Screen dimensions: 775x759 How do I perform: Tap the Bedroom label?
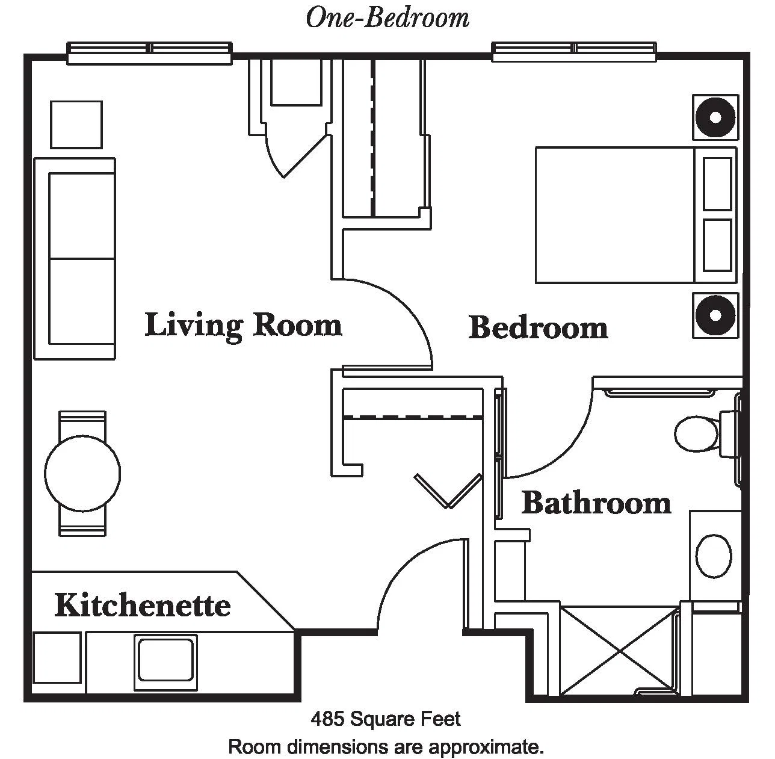tap(538, 328)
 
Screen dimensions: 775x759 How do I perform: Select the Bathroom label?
tap(596, 503)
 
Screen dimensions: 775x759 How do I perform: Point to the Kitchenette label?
tap(143, 605)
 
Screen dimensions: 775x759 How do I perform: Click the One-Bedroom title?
tap(387, 18)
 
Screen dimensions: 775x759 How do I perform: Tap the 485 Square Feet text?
tap(386, 719)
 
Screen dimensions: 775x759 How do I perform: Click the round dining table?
tap(82, 473)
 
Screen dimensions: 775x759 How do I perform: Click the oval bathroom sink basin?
tap(714, 556)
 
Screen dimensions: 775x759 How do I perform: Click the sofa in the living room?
tap(75, 258)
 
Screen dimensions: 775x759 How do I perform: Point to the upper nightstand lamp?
tap(715, 117)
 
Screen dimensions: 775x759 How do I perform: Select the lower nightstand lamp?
tap(715, 315)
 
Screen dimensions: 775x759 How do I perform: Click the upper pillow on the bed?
tap(717, 184)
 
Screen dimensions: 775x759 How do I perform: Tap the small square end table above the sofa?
tap(76, 125)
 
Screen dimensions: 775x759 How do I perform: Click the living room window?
tap(149, 53)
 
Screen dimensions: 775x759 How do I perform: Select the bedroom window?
tap(574, 52)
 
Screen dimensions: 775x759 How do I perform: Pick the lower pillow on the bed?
tap(717, 246)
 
